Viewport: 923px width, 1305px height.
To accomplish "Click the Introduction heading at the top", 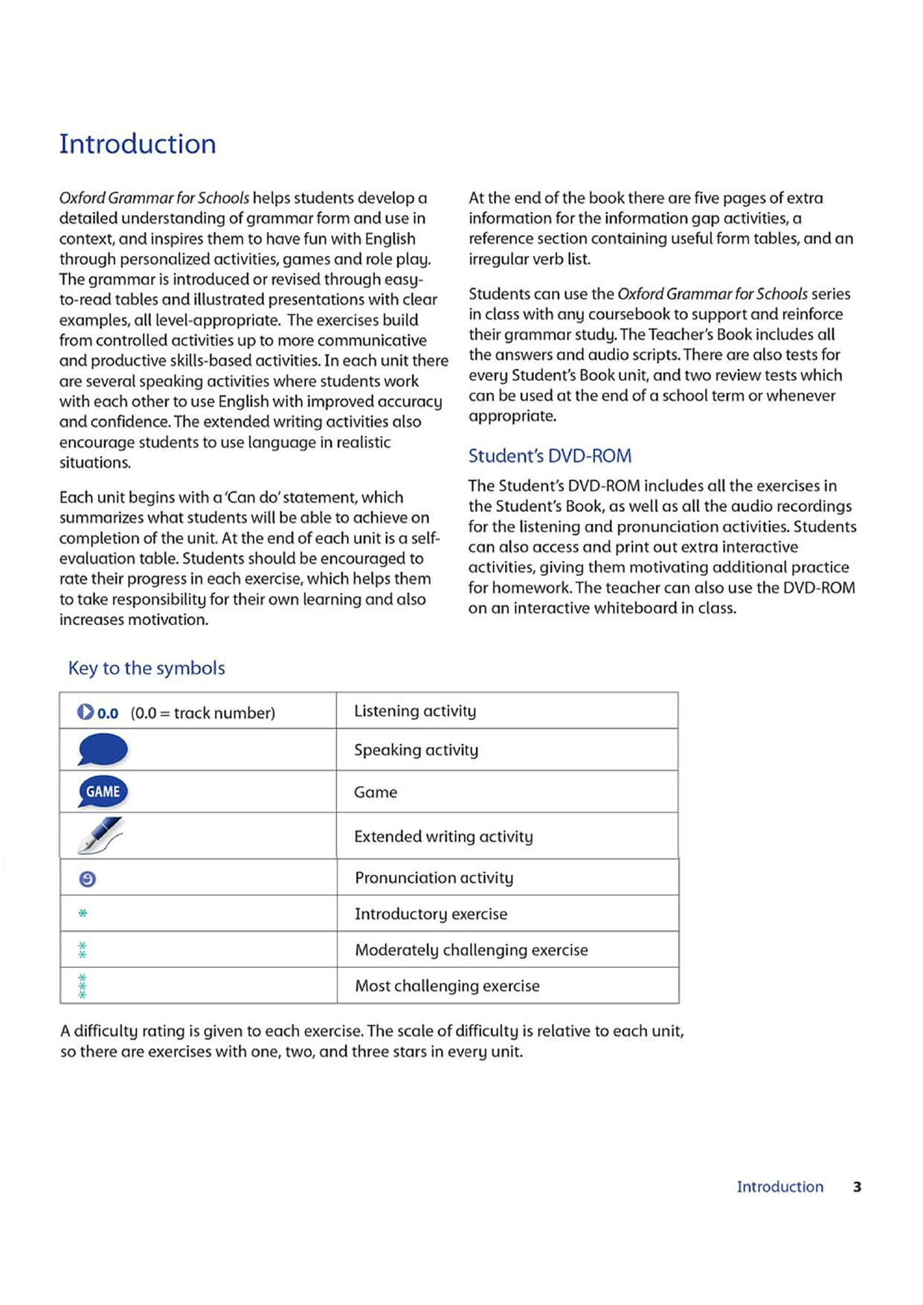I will pyautogui.click(x=138, y=144).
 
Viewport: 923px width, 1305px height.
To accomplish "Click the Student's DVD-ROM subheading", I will pyautogui.click(x=550, y=456).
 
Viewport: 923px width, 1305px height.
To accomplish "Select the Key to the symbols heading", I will pyautogui.click(x=147, y=668).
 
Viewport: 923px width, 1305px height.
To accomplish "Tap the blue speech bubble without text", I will pyautogui.click(x=103, y=749).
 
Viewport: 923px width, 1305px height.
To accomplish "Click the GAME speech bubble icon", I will pyautogui.click(x=103, y=792).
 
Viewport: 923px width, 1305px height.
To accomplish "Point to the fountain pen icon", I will pyautogui.click(x=100, y=835).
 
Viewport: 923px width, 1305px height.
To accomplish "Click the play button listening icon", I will pyautogui.click(x=86, y=712).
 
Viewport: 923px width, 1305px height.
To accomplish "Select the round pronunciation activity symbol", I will pyautogui.click(x=87, y=879).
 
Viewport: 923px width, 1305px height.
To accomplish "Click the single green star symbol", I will pyautogui.click(x=83, y=913).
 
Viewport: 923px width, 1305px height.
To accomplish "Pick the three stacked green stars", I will pyautogui.click(x=83, y=986).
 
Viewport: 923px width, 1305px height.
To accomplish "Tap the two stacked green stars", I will pyautogui.click(x=83, y=950).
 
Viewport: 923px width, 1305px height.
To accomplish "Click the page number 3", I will pyautogui.click(x=857, y=1187).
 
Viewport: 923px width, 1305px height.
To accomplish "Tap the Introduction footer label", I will pyautogui.click(x=779, y=1187).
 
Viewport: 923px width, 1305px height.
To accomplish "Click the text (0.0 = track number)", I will pyautogui.click(x=202, y=713).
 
